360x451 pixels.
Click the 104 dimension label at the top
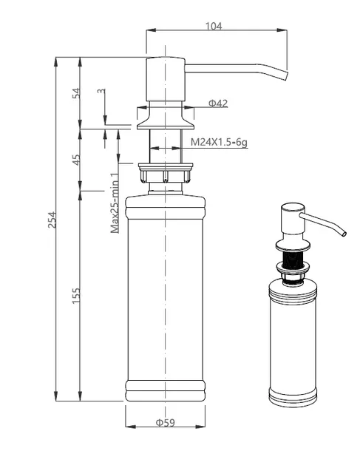click(x=214, y=26)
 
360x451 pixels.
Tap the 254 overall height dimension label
click(x=52, y=220)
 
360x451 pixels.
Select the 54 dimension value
click(x=76, y=93)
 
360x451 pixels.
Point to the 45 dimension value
click(x=76, y=160)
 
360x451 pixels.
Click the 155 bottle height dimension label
click(x=76, y=296)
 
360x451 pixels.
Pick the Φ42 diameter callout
click(x=218, y=103)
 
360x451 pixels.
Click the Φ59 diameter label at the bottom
click(x=166, y=422)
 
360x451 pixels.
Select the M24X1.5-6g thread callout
click(x=219, y=142)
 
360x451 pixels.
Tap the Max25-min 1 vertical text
click(x=115, y=203)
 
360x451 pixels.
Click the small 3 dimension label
click(x=101, y=91)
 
